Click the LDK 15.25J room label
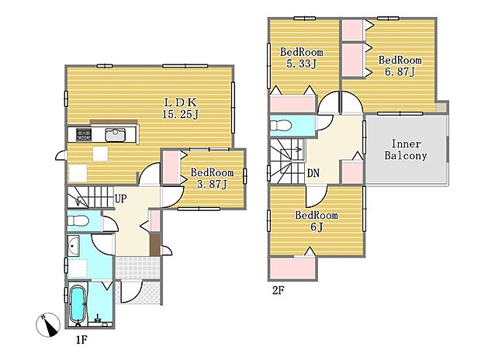[x=180, y=108]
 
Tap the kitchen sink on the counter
[x=115, y=135]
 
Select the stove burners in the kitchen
[x=84, y=135]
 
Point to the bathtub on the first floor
[x=78, y=305]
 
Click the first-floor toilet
[x=78, y=220]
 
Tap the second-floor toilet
[x=280, y=125]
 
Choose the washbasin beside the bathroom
[x=74, y=246]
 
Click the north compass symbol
[x=48, y=325]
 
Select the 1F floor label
[x=81, y=340]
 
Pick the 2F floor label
[x=279, y=290]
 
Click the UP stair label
[x=120, y=199]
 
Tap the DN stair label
[x=313, y=173]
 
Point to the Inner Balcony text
[x=406, y=150]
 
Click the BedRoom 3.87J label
[x=212, y=178]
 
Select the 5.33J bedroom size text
[x=301, y=64]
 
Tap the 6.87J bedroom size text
[x=400, y=72]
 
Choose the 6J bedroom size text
[x=317, y=227]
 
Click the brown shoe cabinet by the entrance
[x=155, y=244]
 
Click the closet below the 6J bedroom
[x=292, y=268]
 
